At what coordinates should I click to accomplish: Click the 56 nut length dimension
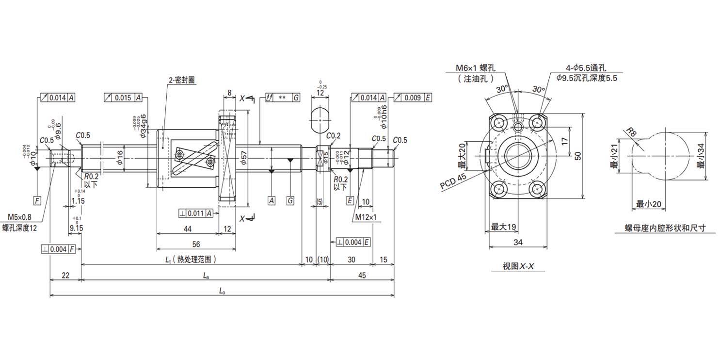196,244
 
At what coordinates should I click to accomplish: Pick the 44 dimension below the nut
187,229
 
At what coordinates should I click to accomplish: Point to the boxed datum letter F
37,200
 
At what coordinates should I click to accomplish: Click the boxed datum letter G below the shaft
290,200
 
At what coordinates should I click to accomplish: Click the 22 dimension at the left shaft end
65,275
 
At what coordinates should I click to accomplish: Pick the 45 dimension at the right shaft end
362,275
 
